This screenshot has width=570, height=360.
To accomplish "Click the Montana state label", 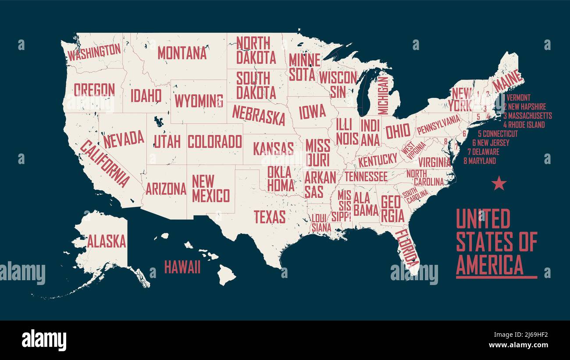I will pyautogui.click(x=182, y=53).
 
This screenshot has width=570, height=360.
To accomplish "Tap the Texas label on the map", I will pyautogui.click(x=270, y=217).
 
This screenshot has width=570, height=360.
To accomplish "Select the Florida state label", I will pyautogui.click(x=407, y=248).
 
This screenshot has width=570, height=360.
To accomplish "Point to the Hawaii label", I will pyautogui.click(x=182, y=267).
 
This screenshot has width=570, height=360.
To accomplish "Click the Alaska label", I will pyautogui.click(x=106, y=241).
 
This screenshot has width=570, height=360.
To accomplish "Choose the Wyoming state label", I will pyautogui.click(x=199, y=101).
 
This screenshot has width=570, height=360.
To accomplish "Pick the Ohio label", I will pyautogui.click(x=398, y=131).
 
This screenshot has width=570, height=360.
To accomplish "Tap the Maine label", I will pyautogui.click(x=508, y=82).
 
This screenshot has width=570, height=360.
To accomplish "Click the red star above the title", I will pyautogui.click(x=499, y=183).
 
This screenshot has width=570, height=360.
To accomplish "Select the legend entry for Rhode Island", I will pyautogui.click(x=524, y=125).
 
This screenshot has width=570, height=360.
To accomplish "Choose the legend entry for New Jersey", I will pyautogui.click(x=491, y=143).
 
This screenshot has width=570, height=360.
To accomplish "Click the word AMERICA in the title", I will pyautogui.click(x=490, y=264).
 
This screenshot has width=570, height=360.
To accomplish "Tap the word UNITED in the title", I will pyautogui.click(x=483, y=219).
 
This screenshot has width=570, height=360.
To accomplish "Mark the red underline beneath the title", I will pyautogui.click(x=496, y=277).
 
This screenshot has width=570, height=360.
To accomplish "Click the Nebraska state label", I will pyautogui.click(x=258, y=115).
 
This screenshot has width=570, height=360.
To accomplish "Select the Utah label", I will pyautogui.click(x=167, y=141).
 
